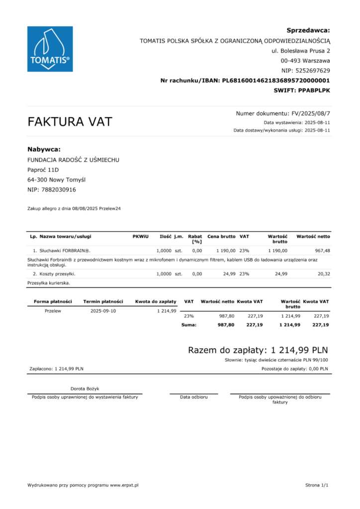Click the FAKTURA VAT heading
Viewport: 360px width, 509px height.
70,122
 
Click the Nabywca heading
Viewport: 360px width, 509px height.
44,149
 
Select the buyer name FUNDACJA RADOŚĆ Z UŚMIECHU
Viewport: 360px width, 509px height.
73,160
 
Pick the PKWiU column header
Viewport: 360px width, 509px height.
140,236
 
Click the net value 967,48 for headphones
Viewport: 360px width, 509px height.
319,250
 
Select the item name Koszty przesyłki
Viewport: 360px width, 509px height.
58,273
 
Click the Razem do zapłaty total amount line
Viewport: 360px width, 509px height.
258,350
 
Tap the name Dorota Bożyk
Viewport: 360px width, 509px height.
85,388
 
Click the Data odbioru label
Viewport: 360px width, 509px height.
193,397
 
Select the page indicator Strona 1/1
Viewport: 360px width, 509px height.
317,485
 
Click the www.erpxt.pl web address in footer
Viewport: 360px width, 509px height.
124,485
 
